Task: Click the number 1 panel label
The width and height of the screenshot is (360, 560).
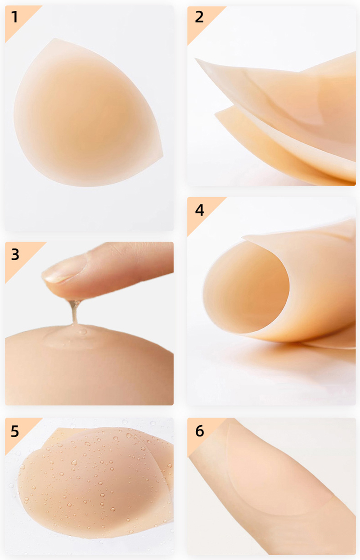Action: pos(15,17)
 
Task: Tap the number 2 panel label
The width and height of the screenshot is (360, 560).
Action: pos(199,17)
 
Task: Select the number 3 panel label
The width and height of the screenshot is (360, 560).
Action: pos(15,254)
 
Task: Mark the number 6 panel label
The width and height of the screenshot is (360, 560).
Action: pos(199,431)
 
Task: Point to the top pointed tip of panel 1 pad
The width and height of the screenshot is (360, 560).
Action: pos(55,39)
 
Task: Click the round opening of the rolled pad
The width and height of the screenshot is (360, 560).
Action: pos(246,287)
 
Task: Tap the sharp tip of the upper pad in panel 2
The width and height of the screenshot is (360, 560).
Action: pos(196,59)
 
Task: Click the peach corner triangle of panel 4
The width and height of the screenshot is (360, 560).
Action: pos(202,212)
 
